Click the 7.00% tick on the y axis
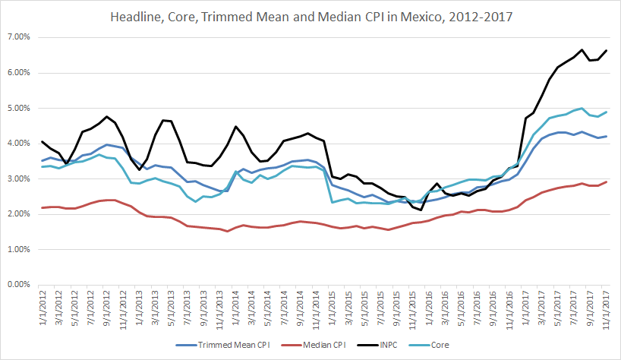pyautogui.click(x=19, y=37)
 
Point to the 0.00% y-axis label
pyautogui.click(x=19, y=285)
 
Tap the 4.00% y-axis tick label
pyautogui.click(x=19, y=144)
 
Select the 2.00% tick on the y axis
pyautogui.click(x=19, y=214)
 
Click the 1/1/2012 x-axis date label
pyautogui.click(x=42, y=308)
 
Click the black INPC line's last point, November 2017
pyautogui.click(x=606, y=50)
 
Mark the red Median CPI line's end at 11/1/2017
pyautogui.click(x=606, y=182)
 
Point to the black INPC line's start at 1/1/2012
pyautogui.click(x=42, y=141)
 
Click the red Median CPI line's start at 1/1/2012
pyautogui.click(x=42, y=208)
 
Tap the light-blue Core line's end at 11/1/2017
pyautogui.click(x=606, y=112)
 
